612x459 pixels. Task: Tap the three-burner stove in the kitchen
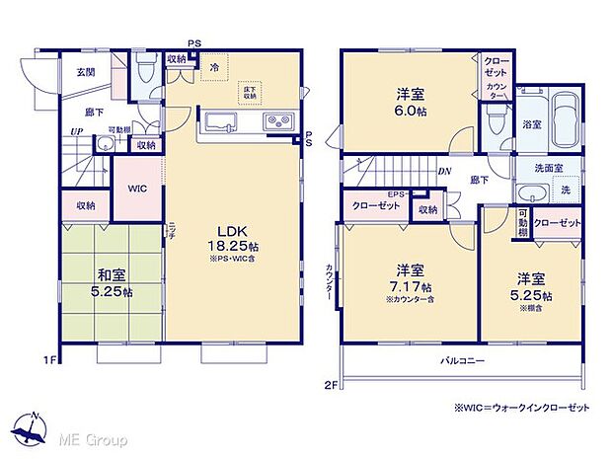click(276, 122)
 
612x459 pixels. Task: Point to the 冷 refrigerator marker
click(212, 68)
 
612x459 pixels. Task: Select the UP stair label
click(76, 131)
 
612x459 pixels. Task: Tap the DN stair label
click(446, 170)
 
